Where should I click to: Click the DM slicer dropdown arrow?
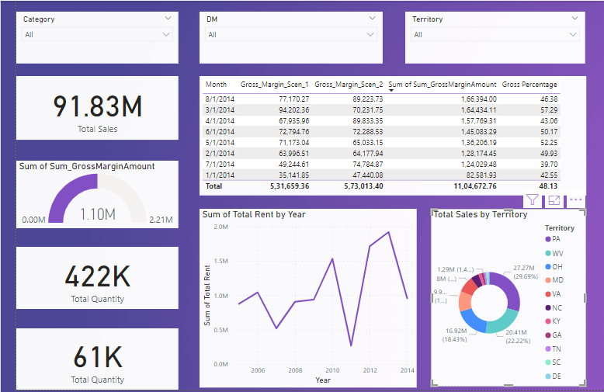pos(373,34)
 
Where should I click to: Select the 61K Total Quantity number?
pos(97,357)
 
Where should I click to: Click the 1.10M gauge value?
pos(97,213)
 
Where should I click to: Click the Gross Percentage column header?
pos(529,84)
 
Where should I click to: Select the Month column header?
pos(216,84)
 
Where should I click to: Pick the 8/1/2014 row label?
pos(220,99)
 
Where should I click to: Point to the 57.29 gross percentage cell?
pos(549,110)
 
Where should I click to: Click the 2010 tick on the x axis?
pos(332,371)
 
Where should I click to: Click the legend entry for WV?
pos(557,253)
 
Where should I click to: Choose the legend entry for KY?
pos(557,321)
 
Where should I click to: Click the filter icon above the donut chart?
pos(532,200)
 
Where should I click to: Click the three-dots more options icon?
pos(576,200)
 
